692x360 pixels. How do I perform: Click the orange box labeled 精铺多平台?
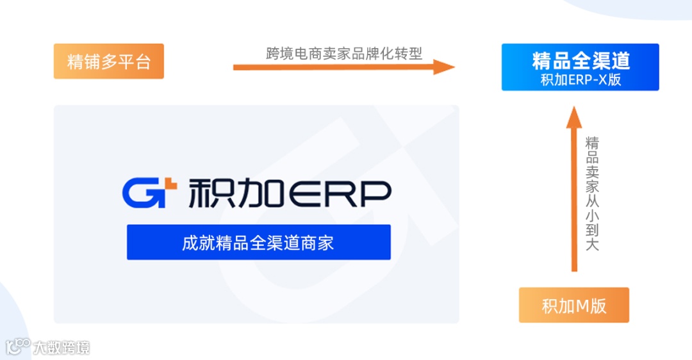109,61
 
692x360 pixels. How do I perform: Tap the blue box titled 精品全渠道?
580,67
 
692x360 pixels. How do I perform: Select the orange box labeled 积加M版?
573,306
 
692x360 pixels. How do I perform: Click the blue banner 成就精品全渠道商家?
258,242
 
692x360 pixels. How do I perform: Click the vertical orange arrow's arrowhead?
574,116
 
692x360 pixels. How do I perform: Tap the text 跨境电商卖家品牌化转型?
344,53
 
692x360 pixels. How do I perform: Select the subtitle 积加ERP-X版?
581,80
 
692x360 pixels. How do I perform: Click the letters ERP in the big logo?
339,193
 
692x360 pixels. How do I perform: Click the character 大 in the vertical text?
592,244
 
